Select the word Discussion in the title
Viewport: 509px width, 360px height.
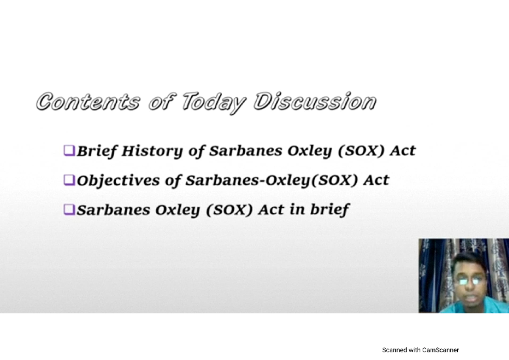click(314, 102)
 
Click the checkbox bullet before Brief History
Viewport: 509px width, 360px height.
click(69, 150)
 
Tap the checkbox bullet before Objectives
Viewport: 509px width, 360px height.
click(69, 180)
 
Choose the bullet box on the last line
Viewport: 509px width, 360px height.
click(69, 209)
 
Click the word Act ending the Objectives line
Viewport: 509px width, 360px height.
click(376, 180)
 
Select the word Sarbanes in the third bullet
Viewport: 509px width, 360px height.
click(106, 210)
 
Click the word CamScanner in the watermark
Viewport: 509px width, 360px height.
click(440, 350)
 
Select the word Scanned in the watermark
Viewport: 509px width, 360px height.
click(394, 350)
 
